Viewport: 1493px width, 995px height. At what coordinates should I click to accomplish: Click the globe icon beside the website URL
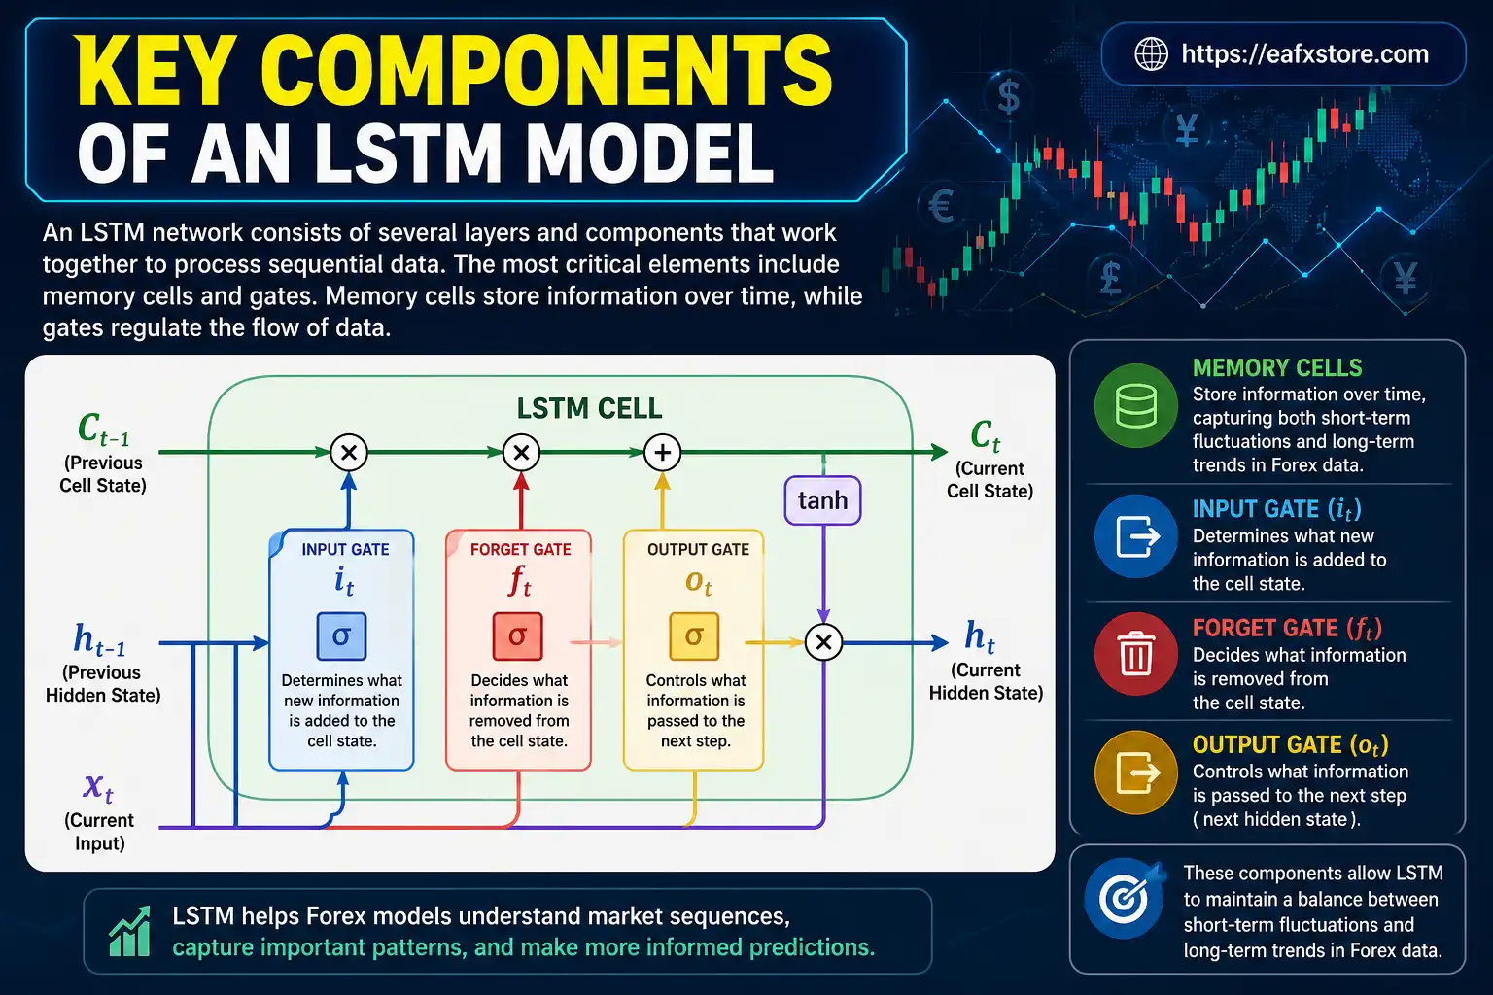point(1152,54)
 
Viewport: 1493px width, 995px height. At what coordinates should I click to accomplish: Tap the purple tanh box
point(822,500)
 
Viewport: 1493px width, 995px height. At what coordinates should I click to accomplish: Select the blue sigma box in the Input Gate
point(341,636)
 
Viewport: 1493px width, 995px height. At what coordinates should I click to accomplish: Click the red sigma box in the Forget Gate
point(517,636)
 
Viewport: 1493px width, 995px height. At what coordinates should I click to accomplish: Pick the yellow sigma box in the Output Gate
point(694,636)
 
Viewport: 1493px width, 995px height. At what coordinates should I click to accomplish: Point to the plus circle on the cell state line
point(663,452)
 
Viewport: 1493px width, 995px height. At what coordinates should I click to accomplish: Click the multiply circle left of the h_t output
point(824,642)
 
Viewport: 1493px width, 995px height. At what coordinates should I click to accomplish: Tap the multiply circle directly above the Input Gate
point(349,452)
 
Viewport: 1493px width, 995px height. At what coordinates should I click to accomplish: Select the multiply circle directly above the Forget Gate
point(521,452)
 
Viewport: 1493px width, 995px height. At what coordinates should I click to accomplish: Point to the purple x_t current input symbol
point(98,785)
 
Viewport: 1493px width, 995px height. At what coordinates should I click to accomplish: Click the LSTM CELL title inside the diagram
point(589,408)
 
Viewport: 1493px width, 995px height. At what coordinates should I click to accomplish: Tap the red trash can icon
point(1136,653)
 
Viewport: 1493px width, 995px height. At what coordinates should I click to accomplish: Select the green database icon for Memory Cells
point(1136,405)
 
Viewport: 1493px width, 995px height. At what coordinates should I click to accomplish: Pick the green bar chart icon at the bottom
point(129,933)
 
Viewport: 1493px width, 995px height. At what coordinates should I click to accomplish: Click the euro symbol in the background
point(941,205)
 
